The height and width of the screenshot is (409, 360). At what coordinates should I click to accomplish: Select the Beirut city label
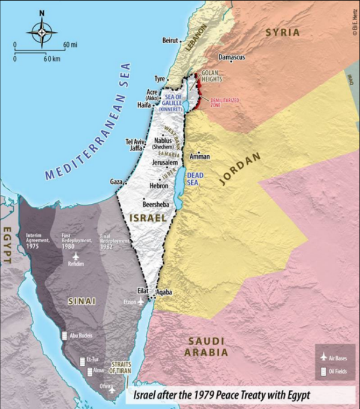[170, 40]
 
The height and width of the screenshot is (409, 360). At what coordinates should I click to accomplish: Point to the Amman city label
[200, 157]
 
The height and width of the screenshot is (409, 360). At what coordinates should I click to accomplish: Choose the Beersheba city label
[155, 204]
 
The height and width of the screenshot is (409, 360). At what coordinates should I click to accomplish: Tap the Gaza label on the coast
[116, 181]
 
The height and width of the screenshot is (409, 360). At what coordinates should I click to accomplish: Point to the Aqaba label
[164, 292]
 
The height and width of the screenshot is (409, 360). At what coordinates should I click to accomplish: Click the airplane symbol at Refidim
[76, 255]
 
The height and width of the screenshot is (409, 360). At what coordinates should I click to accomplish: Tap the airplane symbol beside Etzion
[141, 302]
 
